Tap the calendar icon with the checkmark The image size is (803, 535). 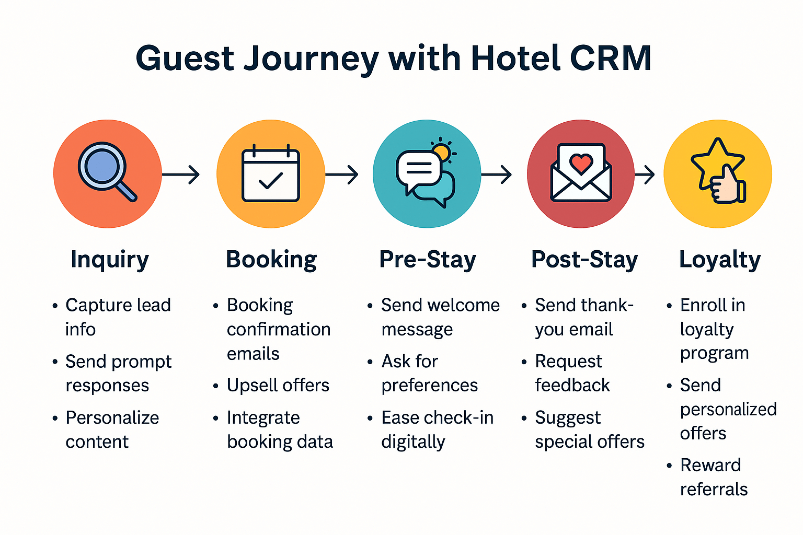271,173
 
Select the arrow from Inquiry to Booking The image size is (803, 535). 181,175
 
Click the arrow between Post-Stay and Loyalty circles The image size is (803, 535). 645,175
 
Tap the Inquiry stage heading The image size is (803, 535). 110,260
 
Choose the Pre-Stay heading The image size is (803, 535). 428,260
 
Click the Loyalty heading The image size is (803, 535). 720,260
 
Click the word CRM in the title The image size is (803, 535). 610,58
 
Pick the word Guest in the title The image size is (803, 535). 185,59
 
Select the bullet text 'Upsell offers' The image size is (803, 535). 278,385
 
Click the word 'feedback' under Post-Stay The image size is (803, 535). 572,385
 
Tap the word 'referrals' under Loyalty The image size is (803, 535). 714,489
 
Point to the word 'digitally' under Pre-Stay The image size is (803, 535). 413,442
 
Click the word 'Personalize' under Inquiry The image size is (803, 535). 112,418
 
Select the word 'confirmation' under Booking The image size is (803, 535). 279,329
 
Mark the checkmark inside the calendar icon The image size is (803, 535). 271,180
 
